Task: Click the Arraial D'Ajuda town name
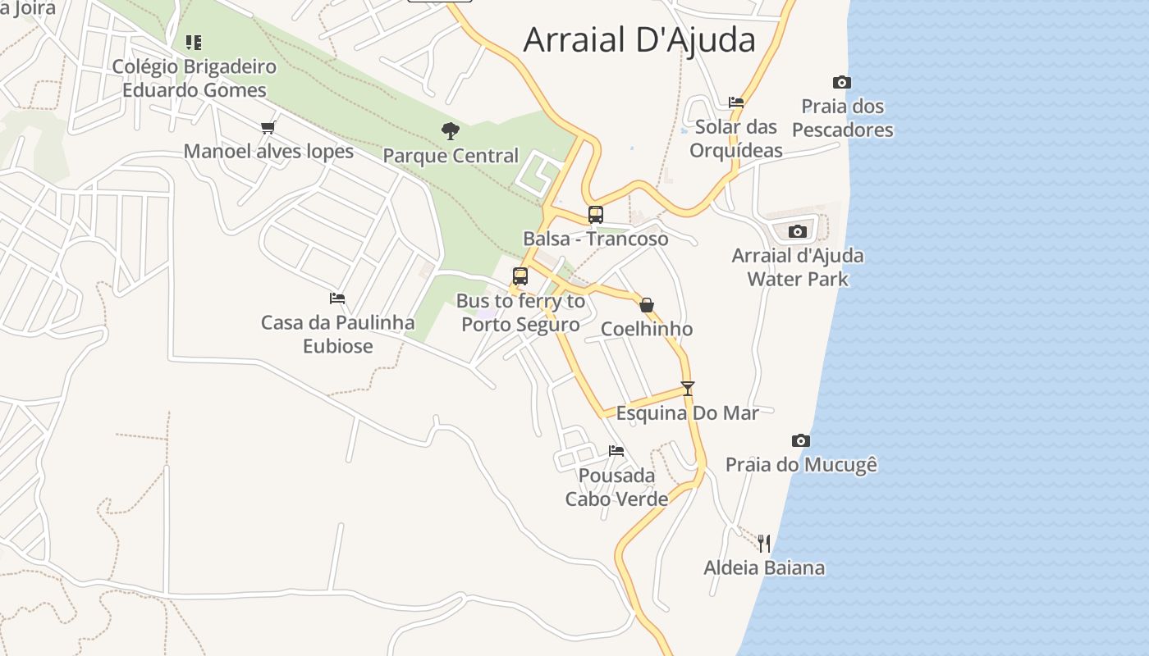click(x=639, y=39)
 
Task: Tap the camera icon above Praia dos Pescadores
click(x=841, y=82)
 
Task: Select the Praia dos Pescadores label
click(x=842, y=118)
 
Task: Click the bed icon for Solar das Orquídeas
click(x=736, y=102)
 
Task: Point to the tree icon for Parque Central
click(x=450, y=130)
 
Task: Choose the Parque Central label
click(x=451, y=156)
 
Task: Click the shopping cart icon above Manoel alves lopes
click(x=268, y=127)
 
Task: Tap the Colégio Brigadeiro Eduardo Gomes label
click(x=195, y=78)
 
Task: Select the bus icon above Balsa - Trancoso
click(x=596, y=215)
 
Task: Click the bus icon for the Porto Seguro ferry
click(x=520, y=276)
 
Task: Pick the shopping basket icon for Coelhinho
click(x=647, y=305)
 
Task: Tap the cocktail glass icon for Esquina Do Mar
click(x=688, y=389)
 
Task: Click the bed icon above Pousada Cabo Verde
click(x=616, y=451)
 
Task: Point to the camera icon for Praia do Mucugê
click(x=801, y=441)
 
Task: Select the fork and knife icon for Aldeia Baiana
click(x=764, y=543)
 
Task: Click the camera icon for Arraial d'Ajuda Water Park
click(x=797, y=232)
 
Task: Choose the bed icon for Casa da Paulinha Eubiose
click(x=337, y=298)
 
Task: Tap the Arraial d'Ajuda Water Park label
click(x=798, y=267)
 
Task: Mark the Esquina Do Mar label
click(x=688, y=413)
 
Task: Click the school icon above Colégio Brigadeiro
click(x=194, y=42)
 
